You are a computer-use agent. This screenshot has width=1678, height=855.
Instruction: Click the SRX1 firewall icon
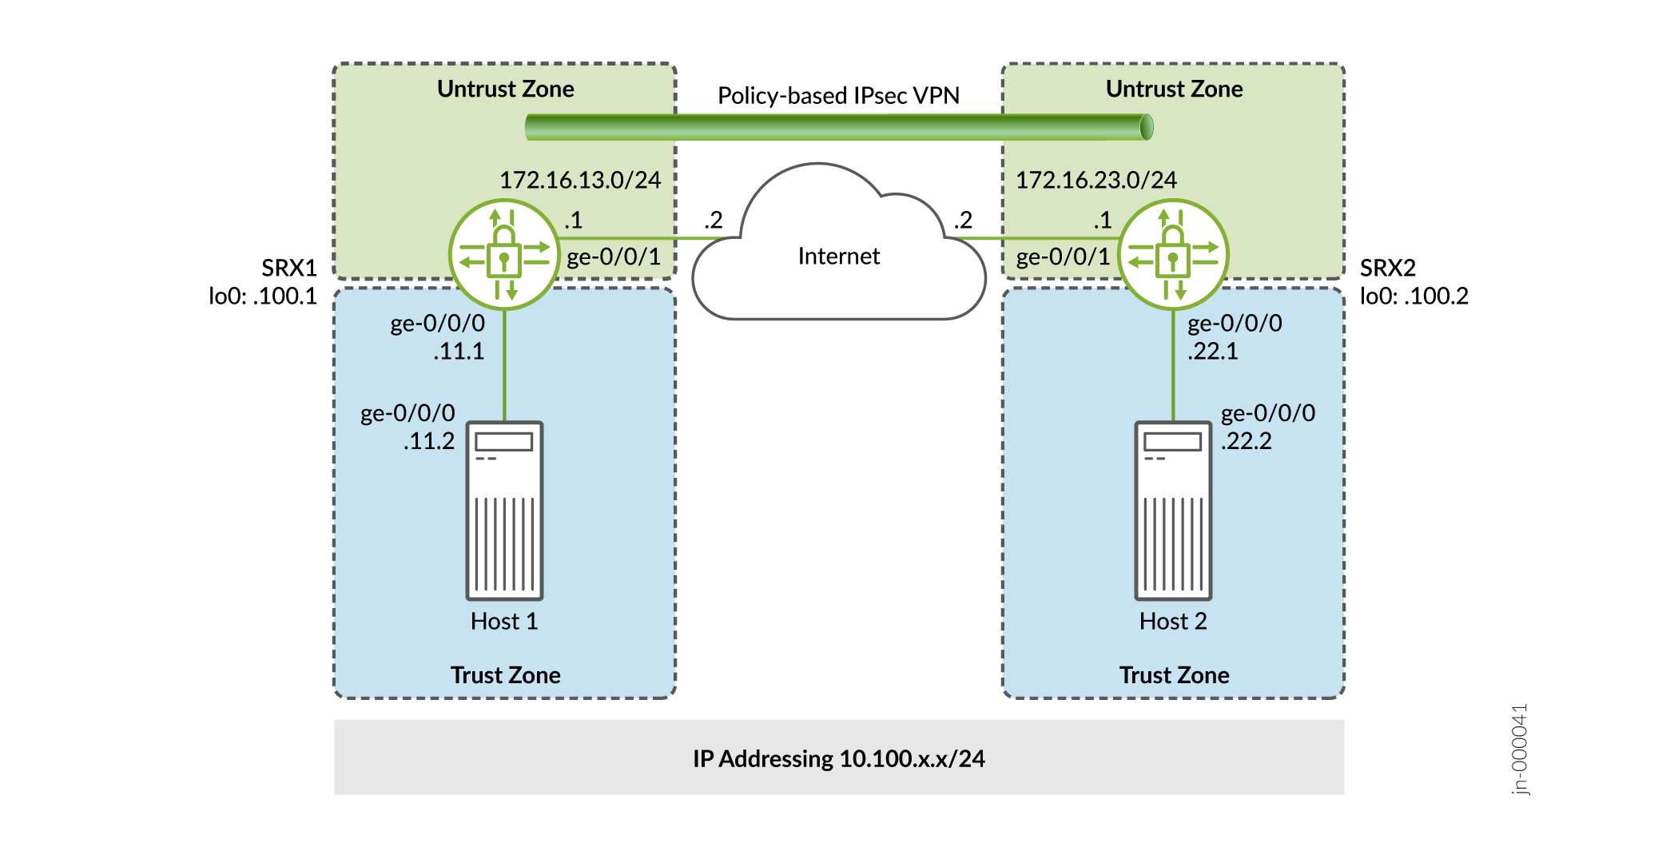[504, 255]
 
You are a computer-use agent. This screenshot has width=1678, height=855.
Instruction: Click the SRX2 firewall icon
[1173, 255]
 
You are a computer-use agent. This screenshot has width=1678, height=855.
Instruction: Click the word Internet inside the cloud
[838, 256]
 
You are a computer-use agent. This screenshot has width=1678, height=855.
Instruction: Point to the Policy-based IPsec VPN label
[838, 96]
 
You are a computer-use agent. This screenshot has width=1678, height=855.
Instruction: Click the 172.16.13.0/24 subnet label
[580, 180]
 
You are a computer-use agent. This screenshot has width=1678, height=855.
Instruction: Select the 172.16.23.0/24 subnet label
[1095, 180]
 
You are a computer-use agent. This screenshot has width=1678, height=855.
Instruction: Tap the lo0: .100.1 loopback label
[263, 296]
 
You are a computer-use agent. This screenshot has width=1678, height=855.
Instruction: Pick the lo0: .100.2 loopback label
[1414, 296]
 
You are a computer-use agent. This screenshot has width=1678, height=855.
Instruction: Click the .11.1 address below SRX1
[459, 352]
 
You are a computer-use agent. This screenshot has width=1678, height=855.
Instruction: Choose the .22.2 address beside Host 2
[1247, 441]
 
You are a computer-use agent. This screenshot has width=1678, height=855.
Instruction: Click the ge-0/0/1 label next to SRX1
[614, 256]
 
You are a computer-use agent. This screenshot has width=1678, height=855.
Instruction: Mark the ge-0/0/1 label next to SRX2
[1063, 256]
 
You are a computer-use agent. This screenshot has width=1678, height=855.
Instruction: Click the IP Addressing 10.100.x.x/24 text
[838, 758]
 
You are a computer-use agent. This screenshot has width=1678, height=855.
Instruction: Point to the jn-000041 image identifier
[1520, 749]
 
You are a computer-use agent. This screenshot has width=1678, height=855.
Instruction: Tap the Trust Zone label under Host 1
[505, 675]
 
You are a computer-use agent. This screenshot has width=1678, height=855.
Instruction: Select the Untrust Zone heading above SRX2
[1174, 89]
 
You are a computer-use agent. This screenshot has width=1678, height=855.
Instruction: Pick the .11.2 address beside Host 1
[429, 441]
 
